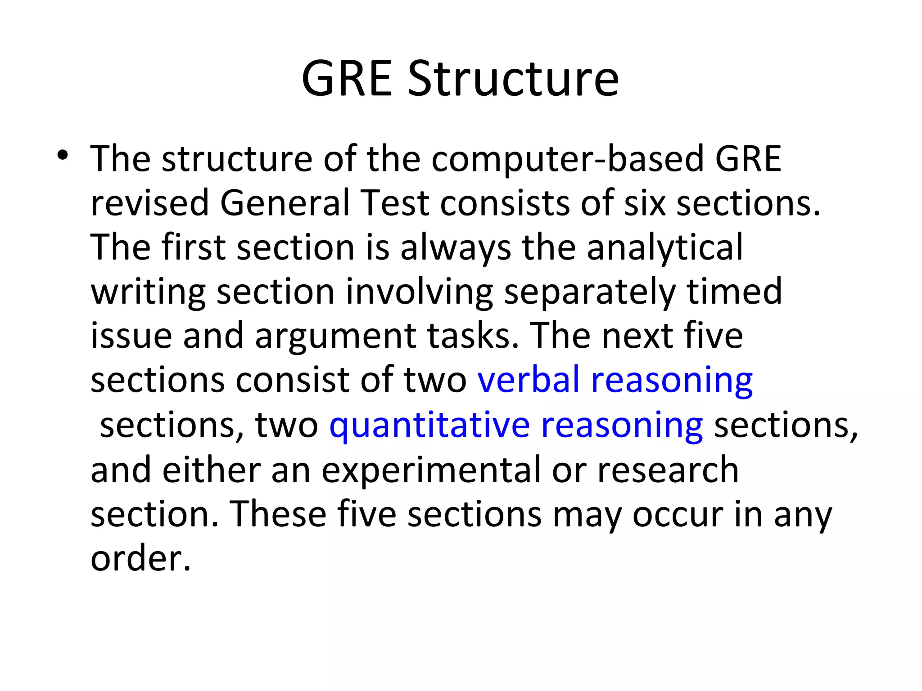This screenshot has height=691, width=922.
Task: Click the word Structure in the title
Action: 513,79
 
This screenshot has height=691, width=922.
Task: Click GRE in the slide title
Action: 347,79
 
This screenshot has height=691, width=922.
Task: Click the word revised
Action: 149,203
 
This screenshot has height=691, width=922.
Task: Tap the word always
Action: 455,248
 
